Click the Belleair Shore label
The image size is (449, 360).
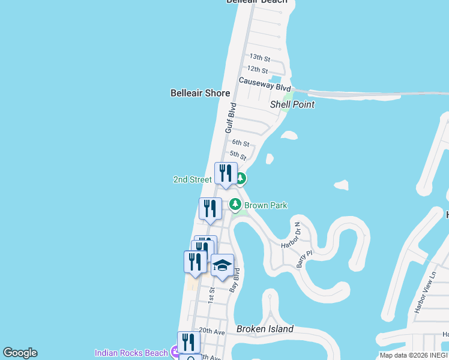coord(200,93)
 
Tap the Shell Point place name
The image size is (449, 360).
coord(292,104)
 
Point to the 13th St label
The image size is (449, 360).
coord(261,58)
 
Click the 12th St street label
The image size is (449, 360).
coord(257,70)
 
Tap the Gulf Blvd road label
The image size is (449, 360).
coord(231,118)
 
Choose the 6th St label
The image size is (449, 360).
coord(240,143)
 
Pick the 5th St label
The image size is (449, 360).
coord(238,155)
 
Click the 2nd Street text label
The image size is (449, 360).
coord(192,179)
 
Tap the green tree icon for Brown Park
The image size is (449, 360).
coord(235,205)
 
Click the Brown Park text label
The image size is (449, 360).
coord(265,205)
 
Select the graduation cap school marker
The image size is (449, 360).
coord(222,265)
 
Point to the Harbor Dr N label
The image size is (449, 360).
coord(291,236)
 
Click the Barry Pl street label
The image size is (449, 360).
coord(305,255)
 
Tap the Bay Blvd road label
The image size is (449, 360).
coord(236,280)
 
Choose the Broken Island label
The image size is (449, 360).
coord(265,329)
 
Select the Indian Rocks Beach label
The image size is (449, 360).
coord(131,353)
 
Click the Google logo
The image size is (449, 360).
coord(20,353)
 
